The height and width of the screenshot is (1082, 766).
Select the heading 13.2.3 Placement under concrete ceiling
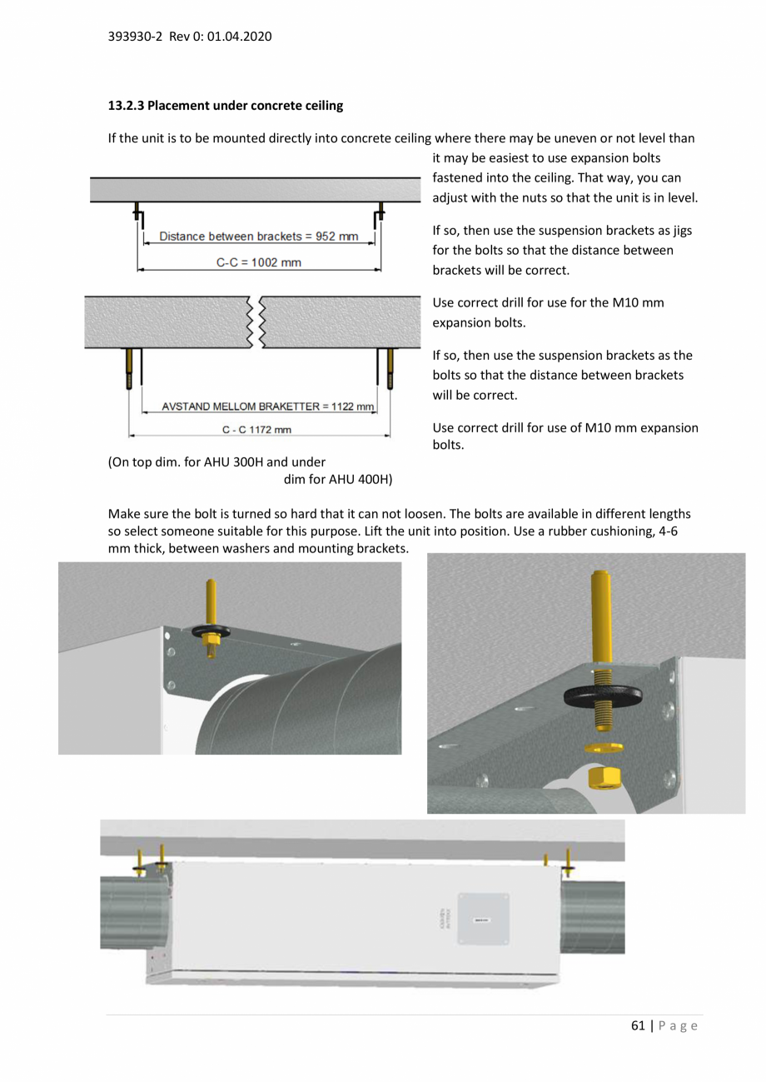[x=226, y=106]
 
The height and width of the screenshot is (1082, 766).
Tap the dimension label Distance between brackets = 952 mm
[x=258, y=237]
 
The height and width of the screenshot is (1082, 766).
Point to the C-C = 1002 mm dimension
[x=259, y=262]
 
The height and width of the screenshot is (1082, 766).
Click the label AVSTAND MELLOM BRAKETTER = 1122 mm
[x=259, y=406]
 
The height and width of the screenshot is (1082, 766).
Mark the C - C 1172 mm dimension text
[x=257, y=430]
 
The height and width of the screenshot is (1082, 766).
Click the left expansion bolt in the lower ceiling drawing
[x=129, y=368]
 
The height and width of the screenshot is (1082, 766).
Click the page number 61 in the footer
[x=638, y=1026]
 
